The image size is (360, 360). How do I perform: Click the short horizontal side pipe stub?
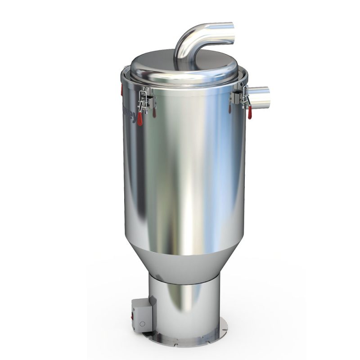click(260, 97)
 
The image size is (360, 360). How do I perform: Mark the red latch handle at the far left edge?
click(121, 90)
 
